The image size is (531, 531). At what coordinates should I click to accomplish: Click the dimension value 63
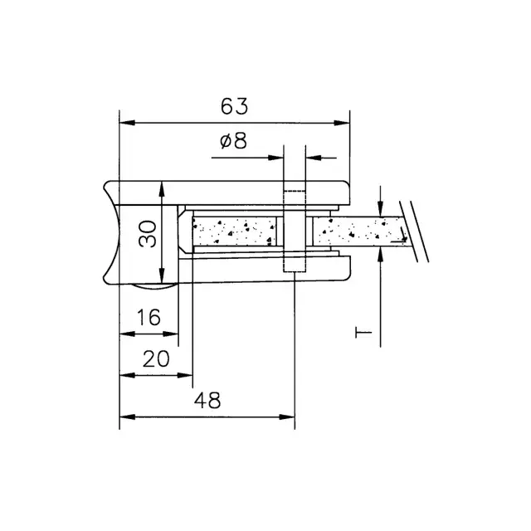click(x=234, y=106)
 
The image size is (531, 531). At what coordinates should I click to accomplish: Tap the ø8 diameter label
click(x=233, y=141)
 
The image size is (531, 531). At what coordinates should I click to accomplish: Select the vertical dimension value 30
click(x=148, y=234)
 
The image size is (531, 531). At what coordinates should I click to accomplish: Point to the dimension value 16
click(x=149, y=317)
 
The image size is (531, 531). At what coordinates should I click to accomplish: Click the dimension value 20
click(x=156, y=359)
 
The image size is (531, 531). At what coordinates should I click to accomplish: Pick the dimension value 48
click(x=207, y=400)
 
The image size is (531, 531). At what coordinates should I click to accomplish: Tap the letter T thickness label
click(x=363, y=333)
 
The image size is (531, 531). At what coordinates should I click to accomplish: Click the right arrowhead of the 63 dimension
click(x=342, y=123)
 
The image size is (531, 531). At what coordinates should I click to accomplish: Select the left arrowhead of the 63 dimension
click(x=127, y=123)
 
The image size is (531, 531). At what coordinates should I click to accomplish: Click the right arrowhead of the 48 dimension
click(x=287, y=417)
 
